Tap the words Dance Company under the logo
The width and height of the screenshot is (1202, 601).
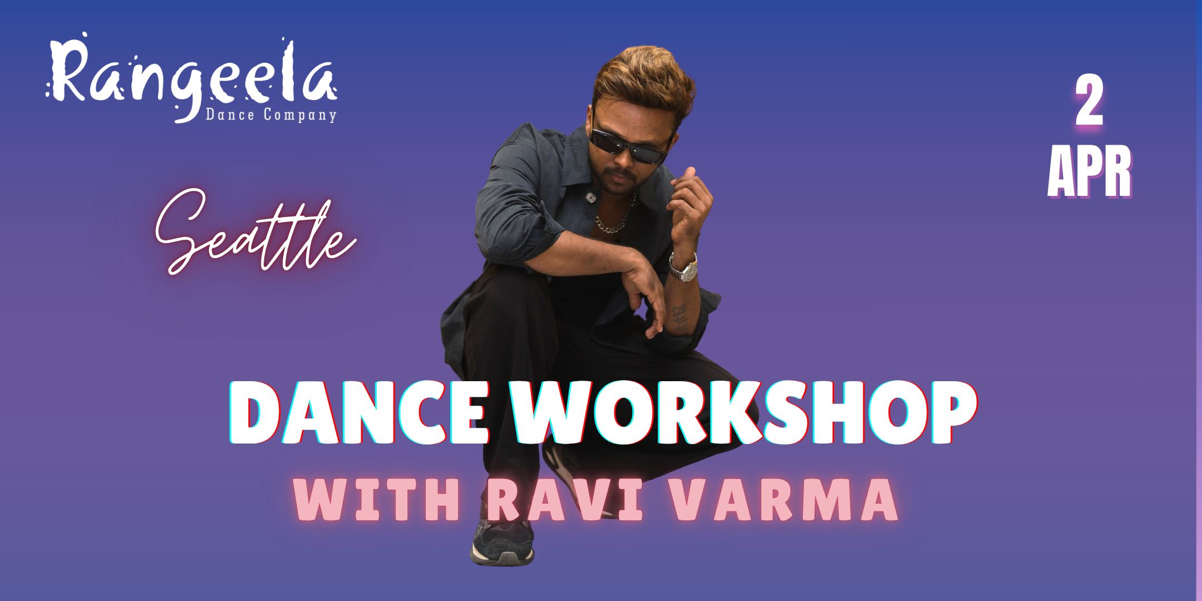(271, 115)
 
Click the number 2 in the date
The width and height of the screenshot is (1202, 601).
(1089, 101)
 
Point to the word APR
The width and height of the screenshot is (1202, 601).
(1090, 171)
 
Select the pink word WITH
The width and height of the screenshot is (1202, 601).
(377, 499)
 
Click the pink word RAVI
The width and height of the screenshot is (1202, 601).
(565, 499)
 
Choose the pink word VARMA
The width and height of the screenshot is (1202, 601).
(784, 499)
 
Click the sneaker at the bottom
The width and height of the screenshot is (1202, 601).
(503, 543)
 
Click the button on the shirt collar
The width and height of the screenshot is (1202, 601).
(591, 197)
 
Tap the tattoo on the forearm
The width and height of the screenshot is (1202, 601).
(679, 317)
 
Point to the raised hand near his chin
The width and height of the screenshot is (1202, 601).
(692, 206)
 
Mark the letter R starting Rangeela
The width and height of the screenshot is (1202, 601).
(67, 70)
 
